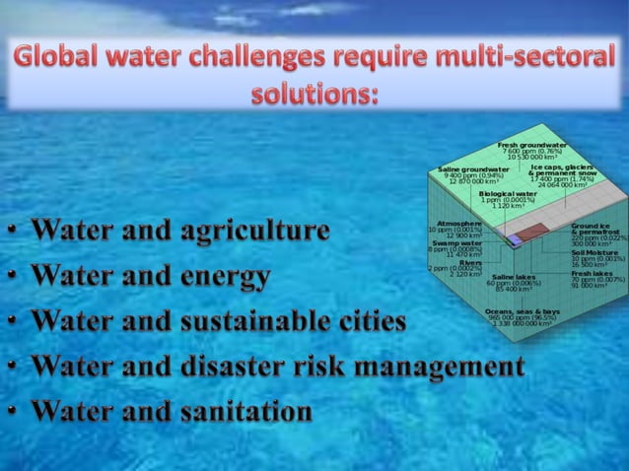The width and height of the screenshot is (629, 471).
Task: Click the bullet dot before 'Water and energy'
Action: point(12,280)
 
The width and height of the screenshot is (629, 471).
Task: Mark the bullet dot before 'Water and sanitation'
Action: point(12,414)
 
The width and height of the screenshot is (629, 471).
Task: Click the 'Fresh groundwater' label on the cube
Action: point(531,145)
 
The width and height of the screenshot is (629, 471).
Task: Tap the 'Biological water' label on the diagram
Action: point(509,194)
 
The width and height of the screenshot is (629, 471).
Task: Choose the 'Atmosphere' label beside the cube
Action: point(458,224)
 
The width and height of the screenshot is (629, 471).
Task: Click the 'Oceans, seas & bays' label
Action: point(523,312)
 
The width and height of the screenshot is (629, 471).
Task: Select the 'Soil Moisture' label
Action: point(594,253)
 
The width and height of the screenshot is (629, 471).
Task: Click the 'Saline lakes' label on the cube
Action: point(514,277)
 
